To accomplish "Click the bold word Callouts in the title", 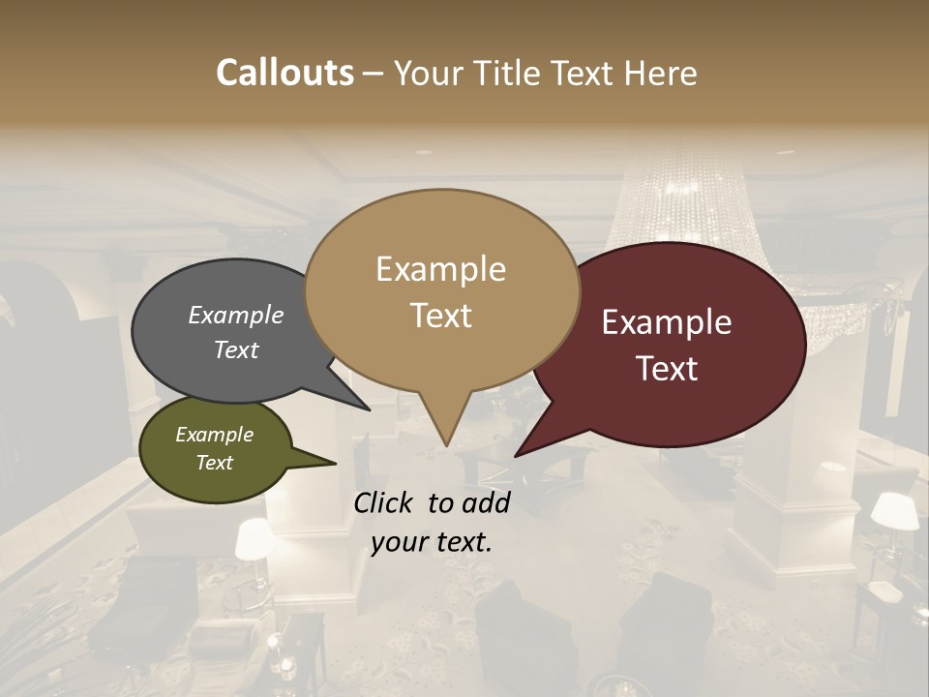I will pos(285,73).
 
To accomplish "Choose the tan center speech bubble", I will pos(441,290).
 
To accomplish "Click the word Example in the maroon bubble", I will pos(667,322).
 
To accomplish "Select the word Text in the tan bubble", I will pos(441,316).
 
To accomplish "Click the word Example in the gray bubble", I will pos(236,315).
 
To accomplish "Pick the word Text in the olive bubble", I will pos(214,463).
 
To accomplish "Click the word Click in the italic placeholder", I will pos(386,502).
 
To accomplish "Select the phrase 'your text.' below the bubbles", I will pos(432,542).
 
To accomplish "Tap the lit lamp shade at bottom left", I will pos(255,538).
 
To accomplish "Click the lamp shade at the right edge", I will pos(895,510).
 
